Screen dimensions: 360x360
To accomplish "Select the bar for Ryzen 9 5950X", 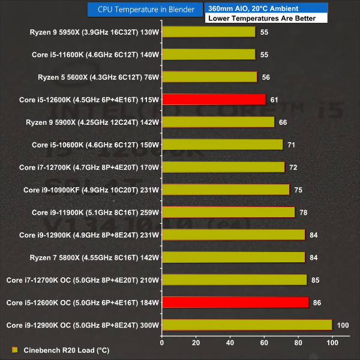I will (209, 32).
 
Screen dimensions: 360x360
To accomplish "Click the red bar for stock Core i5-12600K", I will (214, 100).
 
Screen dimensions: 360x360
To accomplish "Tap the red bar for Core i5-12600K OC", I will (235, 302).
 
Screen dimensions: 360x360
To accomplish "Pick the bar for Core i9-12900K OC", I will (247, 325).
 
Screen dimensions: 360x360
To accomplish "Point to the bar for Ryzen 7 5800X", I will (233, 257).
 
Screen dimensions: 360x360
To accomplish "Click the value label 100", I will (343, 325).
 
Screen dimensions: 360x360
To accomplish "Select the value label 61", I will (274, 100).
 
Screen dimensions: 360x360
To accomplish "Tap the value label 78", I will (303, 212).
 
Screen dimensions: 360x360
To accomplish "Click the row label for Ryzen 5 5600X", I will (92, 77).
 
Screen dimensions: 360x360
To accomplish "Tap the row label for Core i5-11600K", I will (95, 55).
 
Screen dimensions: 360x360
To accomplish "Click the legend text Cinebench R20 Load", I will (62, 350).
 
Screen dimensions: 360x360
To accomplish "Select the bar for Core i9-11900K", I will (228, 212).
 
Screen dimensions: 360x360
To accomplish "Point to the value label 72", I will (293, 167).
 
